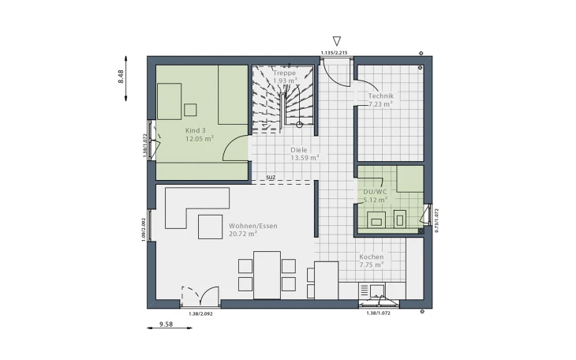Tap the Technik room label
point(380,96)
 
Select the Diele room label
point(298,148)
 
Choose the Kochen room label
point(371,257)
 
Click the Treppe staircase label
point(284,73)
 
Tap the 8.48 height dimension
point(121,77)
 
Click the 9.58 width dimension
point(166,324)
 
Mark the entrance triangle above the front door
point(336,41)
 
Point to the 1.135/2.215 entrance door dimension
point(334,52)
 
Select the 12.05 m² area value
point(199,138)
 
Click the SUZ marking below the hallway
point(270,178)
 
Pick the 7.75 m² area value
point(372,265)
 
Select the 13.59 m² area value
point(304,157)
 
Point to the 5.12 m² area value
point(374,200)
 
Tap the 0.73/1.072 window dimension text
point(436,223)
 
